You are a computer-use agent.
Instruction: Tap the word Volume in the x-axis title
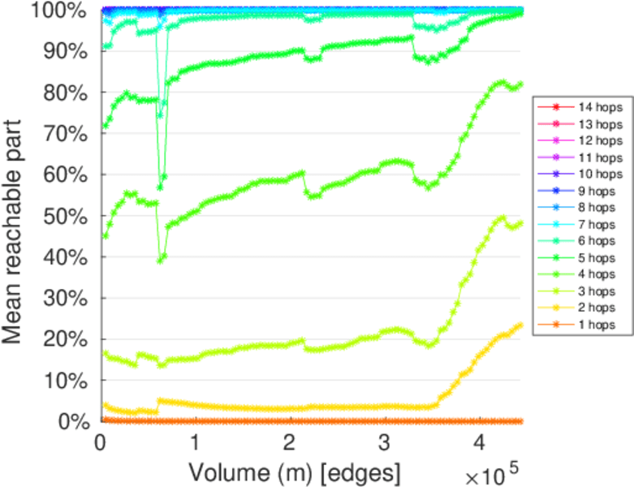click(222, 472)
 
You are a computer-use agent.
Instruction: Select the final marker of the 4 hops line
click(520, 84)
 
